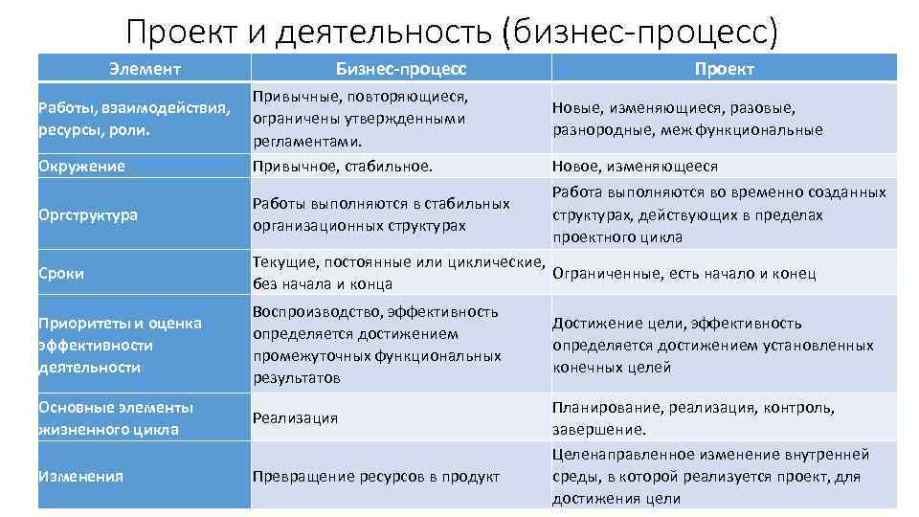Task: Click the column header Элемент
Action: pyautogui.click(x=145, y=69)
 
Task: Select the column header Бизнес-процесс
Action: pyautogui.click(x=401, y=69)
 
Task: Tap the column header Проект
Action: pyautogui.click(x=724, y=69)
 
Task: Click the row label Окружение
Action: pyautogui.click(x=81, y=166)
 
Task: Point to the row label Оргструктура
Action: pyautogui.click(x=88, y=214)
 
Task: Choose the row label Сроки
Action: pyautogui.click(x=61, y=273)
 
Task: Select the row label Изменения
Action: pyautogui.click(x=80, y=476)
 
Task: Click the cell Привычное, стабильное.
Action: pyautogui.click(x=342, y=166)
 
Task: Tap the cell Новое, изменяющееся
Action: pyautogui.click(x=635, y=166)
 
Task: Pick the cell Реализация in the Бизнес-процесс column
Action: pyautogui.click(x=295, y=418)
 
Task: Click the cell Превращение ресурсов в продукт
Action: pyautogui.click(x=376, y=476)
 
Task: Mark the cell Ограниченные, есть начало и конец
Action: pyautogui.click(x=684, y=274)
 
